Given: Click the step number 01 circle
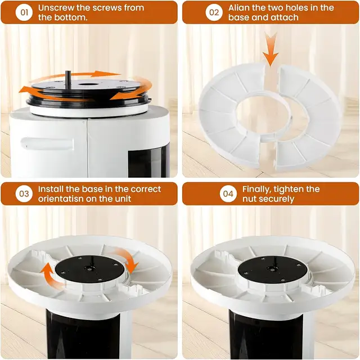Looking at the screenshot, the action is tap(24, 12).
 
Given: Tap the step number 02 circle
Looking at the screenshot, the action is tap(214, 12).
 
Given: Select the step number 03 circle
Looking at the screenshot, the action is tap(24, 193).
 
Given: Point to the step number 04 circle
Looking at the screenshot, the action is tap(228, 193).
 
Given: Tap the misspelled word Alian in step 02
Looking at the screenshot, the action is tap(238, 8).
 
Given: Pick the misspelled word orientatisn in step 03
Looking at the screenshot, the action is tap(60, 199).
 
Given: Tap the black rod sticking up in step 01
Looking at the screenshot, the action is tap(68, 79).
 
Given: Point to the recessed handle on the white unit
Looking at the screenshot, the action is tap(47, 144).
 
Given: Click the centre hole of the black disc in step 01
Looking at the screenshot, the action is tap(88, 84).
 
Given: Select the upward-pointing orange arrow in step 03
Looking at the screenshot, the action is tap(49, 274).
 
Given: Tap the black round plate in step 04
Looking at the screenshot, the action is tap(272, 269).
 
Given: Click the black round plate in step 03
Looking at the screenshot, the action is tap(89, 269).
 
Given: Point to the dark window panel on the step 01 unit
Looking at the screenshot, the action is tap(148, 161).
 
